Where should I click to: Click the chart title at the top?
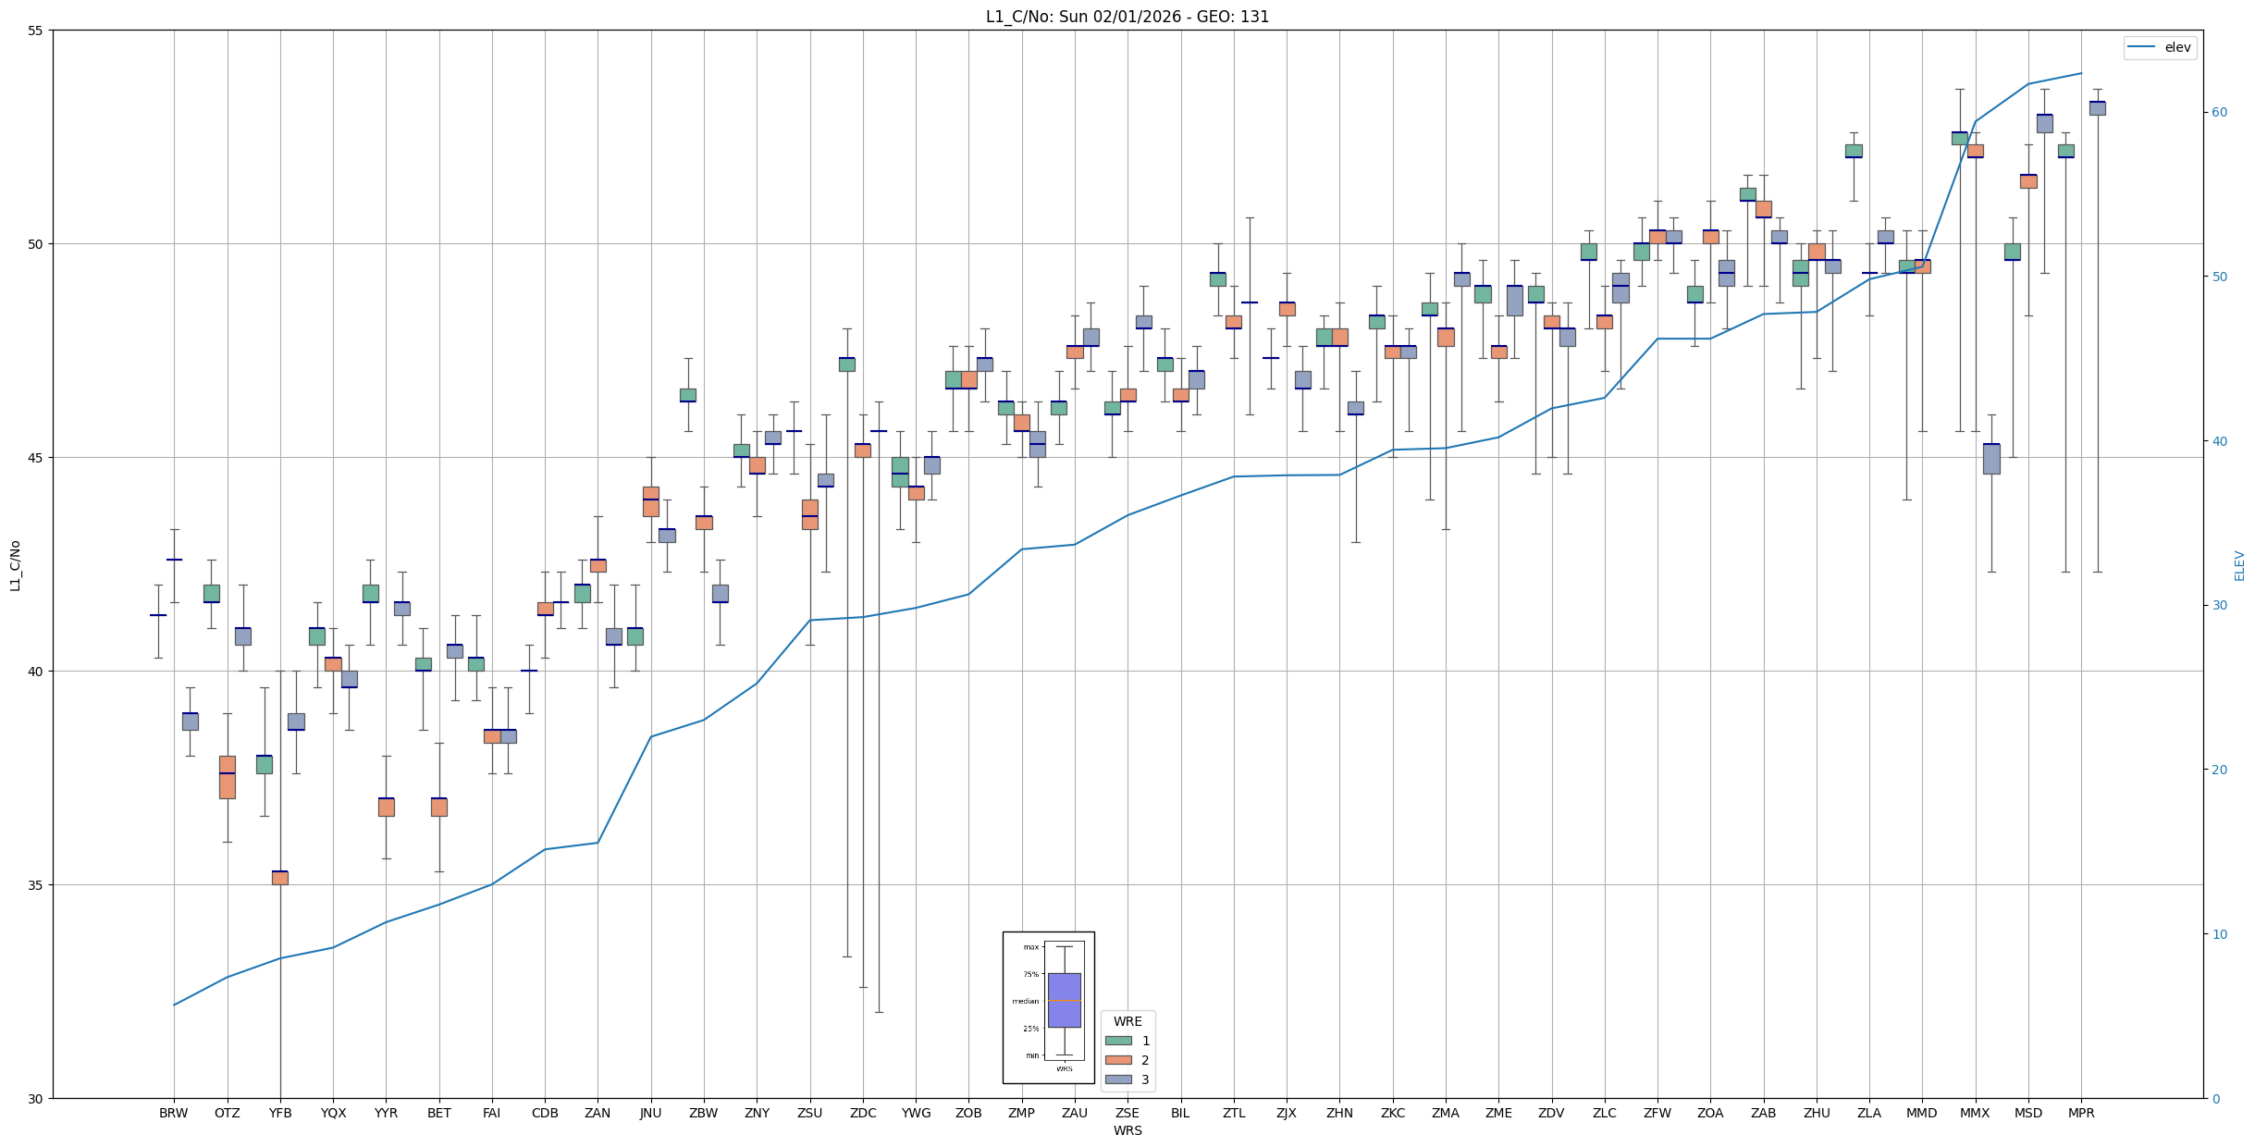coord(1127,17)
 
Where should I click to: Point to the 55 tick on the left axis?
coord(36,31)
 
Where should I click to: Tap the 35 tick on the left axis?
coord(36,885)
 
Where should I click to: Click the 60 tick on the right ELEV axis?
coord(2219,113)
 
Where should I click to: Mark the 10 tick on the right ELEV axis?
coord(2219,934)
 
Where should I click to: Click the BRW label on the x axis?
coord(174,1113)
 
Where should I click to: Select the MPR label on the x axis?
coord(2081,1113)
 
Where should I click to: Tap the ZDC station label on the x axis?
coord(863,1113)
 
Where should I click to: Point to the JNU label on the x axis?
coord(651,1113)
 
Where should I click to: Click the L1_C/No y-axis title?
coord(15,565)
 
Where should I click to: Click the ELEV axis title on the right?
coord(2239,565)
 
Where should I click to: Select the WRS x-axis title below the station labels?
coord(1127,1130)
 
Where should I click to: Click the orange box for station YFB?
coord(280,878)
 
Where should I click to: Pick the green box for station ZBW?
coord(688,395)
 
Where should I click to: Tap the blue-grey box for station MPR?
coord(2097,108)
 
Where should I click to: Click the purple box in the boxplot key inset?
coord(1064,1000)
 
